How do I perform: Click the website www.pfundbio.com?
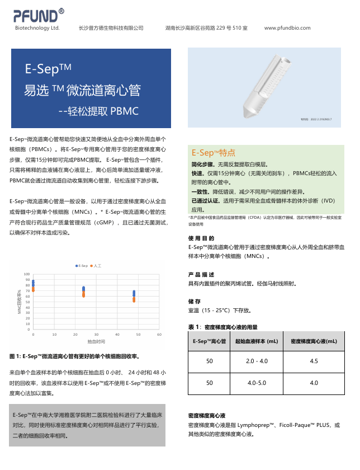(287, 28)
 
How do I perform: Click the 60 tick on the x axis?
(159, 334)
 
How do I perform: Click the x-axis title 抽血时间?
(96, 341)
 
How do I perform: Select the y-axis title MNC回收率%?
(19, 302)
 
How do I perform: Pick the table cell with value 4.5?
(314, 361)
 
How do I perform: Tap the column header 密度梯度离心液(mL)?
(314, 341)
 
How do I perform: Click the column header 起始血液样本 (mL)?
(257, 341)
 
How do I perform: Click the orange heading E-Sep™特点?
(213, 153)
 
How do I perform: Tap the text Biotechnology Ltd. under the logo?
(37, 28)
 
